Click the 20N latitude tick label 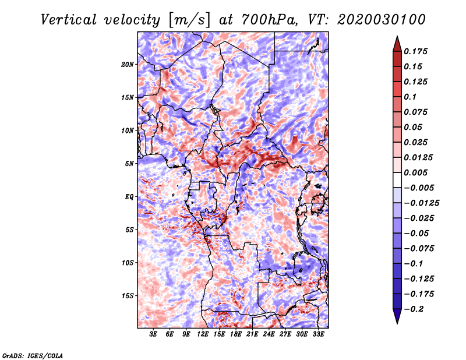128,65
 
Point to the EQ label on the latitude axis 129,197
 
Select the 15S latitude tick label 128,296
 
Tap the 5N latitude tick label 129,164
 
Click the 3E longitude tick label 153,334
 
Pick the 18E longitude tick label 236,334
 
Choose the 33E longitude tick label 318,334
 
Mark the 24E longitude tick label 269,334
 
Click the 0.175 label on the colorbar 415,51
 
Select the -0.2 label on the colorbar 414,309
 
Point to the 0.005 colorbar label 415,172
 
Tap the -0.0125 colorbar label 421,203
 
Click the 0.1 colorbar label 410,97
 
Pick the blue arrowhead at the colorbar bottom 397,316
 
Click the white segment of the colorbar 397,180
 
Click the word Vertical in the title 69,20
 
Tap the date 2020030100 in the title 382,20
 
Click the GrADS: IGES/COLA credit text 33,356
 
